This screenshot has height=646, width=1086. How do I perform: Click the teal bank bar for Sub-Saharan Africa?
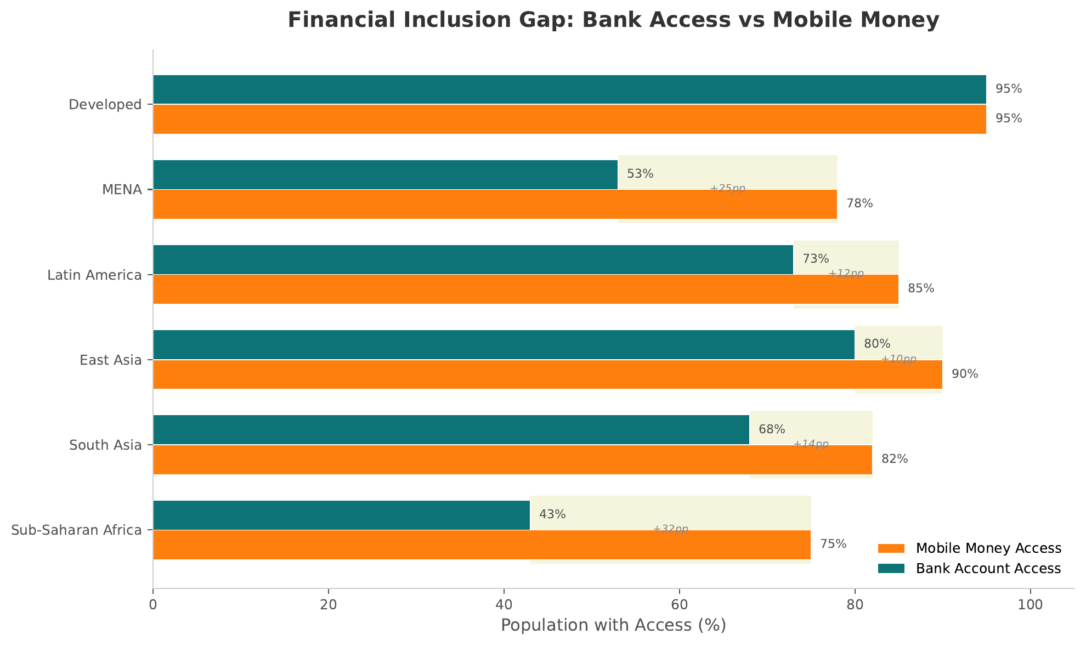coord(341,515)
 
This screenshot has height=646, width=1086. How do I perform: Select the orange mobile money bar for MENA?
coord(495,204)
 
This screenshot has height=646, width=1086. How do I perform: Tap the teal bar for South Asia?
coord(451,429)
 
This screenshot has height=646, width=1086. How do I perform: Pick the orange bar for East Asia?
coord(547,375)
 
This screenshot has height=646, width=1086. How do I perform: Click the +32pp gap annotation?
coord(670,529)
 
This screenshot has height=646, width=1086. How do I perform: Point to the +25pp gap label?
coord(727,189)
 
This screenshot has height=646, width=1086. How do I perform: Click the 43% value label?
coord(552,514)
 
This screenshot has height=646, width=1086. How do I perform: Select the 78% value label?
coord(859,203)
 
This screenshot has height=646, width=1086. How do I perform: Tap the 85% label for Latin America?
coord(921,288)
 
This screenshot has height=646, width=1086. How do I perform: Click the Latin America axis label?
coord(94,275)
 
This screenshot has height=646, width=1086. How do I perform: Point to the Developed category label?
coord(105,104)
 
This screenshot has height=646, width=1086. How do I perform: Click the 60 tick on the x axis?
coord(679,604)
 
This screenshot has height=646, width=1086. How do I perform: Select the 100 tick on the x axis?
coord(1030,604)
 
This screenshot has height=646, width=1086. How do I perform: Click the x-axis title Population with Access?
coord(613,625)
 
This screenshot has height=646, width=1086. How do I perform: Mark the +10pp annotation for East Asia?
coord(898,359)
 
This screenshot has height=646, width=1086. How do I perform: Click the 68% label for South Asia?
coord(772,429)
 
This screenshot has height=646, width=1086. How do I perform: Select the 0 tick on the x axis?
coord(153,604)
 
